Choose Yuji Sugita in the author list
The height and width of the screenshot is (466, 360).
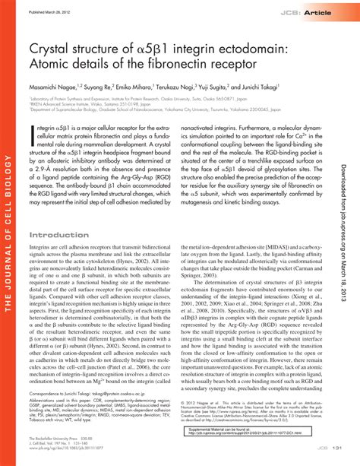coord(226,88)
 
